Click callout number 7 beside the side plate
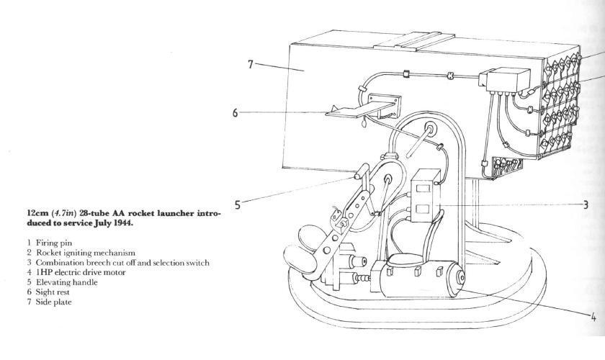click(x=250, y=65)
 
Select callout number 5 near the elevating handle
click(x=237, y=204)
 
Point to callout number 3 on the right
click(x=586, y=204)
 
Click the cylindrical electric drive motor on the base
click(x=418, y=282)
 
